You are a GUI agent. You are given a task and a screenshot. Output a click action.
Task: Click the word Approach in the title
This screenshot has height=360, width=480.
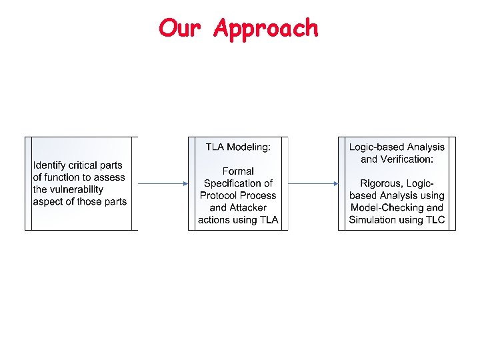point(266,29)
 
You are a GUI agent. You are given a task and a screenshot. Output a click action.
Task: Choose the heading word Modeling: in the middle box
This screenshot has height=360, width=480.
point(249,147)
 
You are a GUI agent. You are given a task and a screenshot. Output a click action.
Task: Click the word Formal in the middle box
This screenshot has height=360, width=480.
point(238,171)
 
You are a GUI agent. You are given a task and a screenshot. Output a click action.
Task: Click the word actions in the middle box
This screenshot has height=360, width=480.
point(214,219)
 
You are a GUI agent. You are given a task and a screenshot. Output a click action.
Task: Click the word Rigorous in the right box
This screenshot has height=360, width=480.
point(377,183)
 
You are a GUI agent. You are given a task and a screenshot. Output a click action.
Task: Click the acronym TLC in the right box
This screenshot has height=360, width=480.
point(435,219)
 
